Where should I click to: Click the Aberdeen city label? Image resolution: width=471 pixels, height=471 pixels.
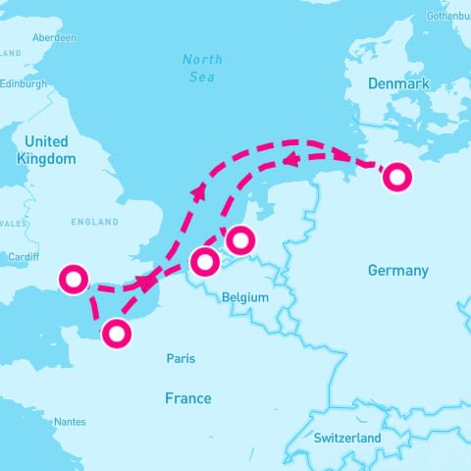54,37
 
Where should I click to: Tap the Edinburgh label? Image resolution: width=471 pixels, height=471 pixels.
22,83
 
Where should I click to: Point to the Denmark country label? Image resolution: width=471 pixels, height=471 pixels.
398,83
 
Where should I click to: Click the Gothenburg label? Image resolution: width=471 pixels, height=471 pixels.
448,17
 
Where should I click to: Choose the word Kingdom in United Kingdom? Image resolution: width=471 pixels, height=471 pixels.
47,158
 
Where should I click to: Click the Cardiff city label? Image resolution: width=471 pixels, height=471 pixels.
21,258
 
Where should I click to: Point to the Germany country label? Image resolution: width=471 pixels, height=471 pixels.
397,270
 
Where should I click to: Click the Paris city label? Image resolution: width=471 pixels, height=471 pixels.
181,358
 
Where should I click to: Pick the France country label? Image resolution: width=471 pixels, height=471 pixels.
187,397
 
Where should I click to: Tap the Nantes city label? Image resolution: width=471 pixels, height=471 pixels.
70,422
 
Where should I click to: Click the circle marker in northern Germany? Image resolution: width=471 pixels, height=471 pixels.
396,177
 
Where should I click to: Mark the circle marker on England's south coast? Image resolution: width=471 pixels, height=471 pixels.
73,280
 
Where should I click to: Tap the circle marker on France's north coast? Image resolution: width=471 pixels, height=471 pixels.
117,334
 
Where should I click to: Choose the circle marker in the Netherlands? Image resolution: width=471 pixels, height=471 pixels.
239,238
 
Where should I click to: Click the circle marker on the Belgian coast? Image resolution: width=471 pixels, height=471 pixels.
204,262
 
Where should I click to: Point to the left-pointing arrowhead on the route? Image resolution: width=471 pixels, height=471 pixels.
290,158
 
